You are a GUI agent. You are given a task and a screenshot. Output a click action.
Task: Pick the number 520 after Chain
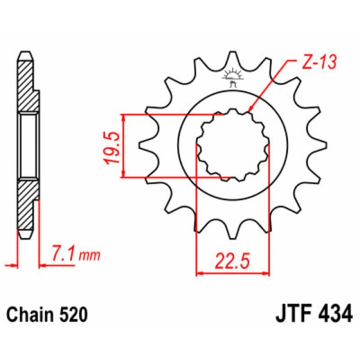[73, 314]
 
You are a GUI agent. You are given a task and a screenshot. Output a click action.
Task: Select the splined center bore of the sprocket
[233, 145]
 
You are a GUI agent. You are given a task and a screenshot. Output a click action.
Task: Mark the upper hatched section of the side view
[28, 84]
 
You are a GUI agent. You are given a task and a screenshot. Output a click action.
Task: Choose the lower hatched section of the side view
[28, 207]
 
